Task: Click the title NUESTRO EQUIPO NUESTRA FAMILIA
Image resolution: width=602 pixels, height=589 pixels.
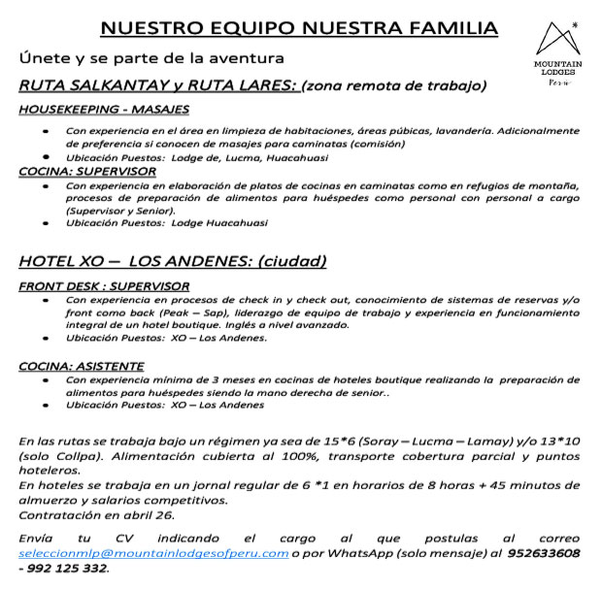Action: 299,28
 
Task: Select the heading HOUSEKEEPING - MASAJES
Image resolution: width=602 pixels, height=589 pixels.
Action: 104,110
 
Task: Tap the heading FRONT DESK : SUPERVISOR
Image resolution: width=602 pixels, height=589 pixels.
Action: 104,286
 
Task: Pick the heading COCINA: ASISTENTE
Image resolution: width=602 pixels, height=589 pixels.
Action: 82,366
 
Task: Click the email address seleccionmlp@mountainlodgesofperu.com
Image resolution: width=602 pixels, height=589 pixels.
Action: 153,552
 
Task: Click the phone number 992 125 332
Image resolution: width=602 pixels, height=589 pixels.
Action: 69,568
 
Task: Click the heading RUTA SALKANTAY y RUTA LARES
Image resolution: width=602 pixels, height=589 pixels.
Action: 158,85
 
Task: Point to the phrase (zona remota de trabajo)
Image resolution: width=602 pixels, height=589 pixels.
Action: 394,85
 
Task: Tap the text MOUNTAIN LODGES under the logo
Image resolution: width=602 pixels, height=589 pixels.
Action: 558,69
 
